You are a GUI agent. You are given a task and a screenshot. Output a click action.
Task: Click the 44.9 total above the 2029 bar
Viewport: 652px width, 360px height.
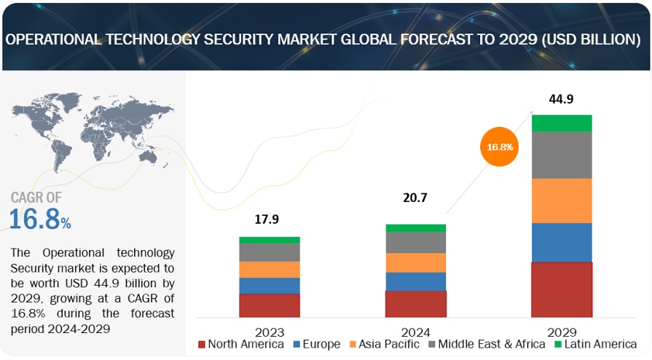click(561, 99)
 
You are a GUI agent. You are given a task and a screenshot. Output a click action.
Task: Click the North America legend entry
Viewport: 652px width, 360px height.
click(240, 343)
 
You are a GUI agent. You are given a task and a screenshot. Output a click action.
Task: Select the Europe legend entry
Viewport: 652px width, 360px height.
click(315, 343)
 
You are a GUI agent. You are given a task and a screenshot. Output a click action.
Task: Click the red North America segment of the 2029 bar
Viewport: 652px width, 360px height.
click(562, 289)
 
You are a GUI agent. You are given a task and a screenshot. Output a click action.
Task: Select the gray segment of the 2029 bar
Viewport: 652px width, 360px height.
click(562, 154)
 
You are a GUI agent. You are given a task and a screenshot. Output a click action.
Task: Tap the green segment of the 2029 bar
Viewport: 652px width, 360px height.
click(562, 123)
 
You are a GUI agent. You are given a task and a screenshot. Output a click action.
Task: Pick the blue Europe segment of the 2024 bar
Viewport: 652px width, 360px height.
click(415, 281)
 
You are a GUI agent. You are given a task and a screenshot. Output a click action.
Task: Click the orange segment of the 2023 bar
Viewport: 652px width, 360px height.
click(270, 270)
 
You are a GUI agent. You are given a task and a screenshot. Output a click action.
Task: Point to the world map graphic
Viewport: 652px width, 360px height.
click(93, 136)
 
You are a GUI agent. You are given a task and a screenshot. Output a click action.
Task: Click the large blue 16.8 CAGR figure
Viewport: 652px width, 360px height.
click(35, 219)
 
